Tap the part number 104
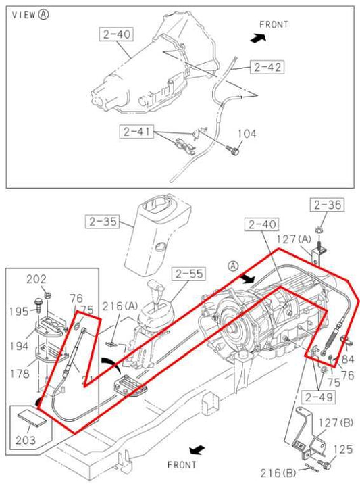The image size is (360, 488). point(247,134)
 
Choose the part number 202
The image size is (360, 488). point(36,278)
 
